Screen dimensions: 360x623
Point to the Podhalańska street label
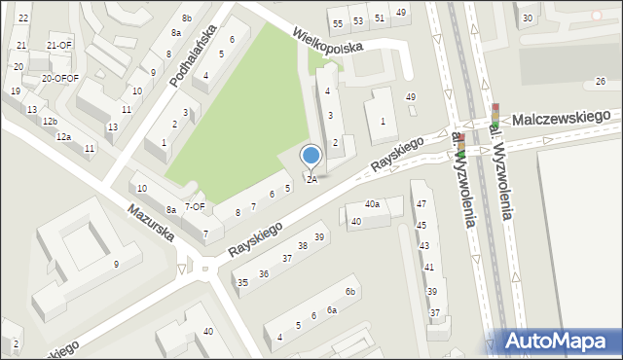(x=192, y=56)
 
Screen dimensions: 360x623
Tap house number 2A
(x=311, y=179)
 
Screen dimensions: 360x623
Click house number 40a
(x=372, y=204)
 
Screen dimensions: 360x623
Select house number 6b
(x=350, y=292)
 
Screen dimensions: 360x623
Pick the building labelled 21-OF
(x=59, y=46)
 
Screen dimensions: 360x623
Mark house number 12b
(x=50, y=122)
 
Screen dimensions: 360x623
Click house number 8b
(x=186, y=18)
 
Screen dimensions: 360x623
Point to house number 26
(x=600, y=81)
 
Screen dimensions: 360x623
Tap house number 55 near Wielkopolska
(x=338, y=23)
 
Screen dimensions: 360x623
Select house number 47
(x=421, y=203)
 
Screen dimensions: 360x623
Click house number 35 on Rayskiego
(x=242, y=282)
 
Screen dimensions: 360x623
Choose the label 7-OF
(x=195, y=206)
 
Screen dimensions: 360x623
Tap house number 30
(x=528, y=18)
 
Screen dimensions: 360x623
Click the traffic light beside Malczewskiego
(x=495, y=114)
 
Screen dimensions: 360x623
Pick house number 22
(x=23, y=18)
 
